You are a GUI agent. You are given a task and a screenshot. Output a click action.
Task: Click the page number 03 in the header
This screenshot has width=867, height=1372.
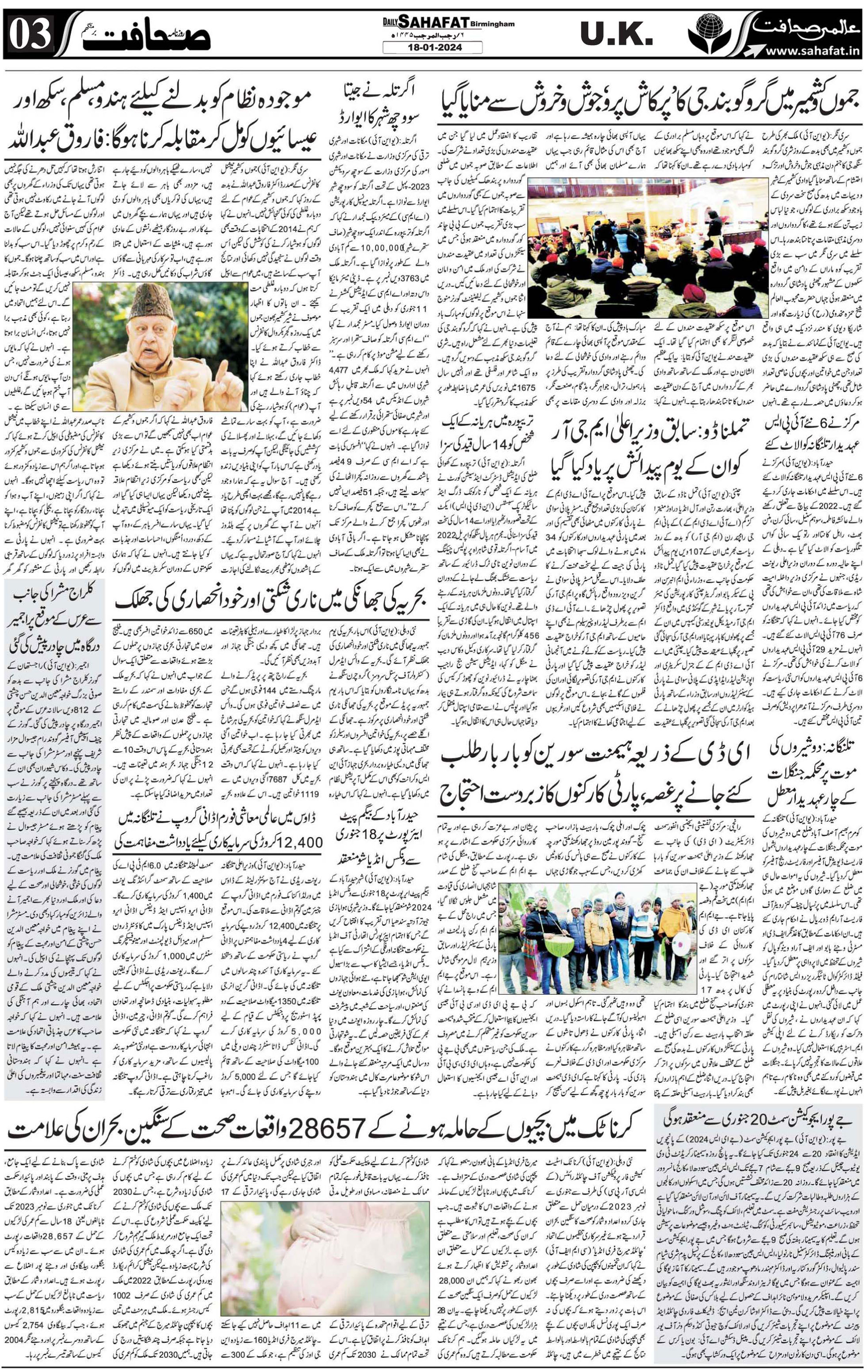32,36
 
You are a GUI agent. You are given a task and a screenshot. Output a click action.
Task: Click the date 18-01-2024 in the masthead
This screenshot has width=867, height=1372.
432,48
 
